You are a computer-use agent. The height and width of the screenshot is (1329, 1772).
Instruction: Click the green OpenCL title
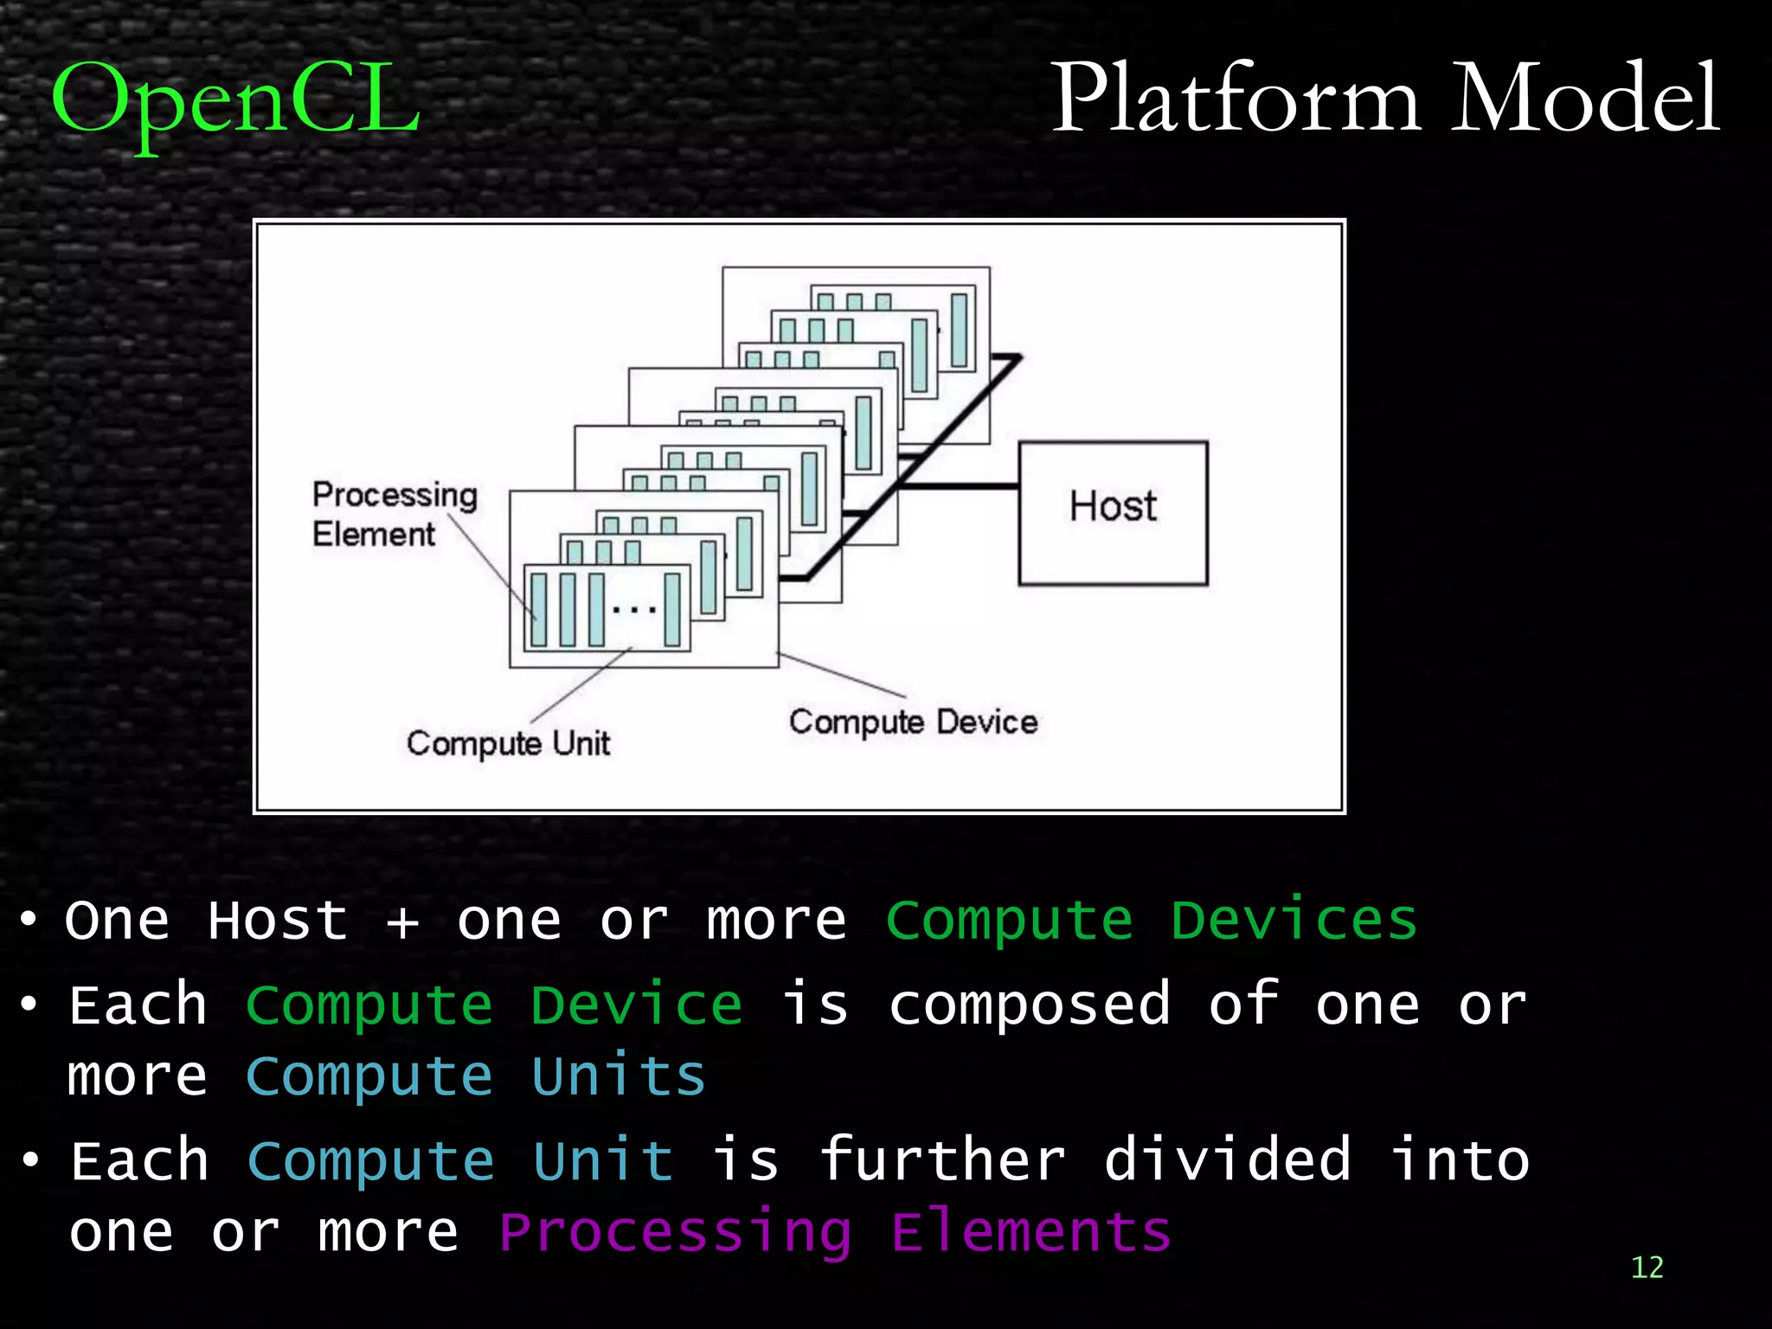(235, 100)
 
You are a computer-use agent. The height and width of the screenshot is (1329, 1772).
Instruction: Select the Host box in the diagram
(1113, 513)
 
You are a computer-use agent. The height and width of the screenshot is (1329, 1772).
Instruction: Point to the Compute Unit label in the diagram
(508, 743)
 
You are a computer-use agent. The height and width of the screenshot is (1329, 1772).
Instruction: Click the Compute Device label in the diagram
(913, 722)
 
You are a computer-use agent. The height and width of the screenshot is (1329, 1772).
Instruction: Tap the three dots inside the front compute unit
(634, 610)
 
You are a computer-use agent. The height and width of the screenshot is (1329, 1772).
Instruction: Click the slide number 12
(1647, 1268)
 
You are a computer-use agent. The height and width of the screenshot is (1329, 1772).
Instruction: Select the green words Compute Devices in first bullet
(1151, 920)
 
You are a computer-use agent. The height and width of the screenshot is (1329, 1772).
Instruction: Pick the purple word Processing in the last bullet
(675, 1232)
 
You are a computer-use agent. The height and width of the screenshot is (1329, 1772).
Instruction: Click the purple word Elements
(1030, 1232)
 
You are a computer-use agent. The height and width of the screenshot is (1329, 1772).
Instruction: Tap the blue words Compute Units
(476, 1076)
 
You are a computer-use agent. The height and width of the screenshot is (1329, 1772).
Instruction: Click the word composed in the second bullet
(1030, 1005)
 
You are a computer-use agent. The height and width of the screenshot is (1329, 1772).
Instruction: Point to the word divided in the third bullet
(1227, 1160)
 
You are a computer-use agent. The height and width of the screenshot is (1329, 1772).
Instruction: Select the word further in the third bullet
(941, 1160)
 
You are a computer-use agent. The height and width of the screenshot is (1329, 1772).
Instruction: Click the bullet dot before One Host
(29, 920)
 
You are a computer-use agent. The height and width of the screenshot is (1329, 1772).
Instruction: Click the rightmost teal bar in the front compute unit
(672, 610)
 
